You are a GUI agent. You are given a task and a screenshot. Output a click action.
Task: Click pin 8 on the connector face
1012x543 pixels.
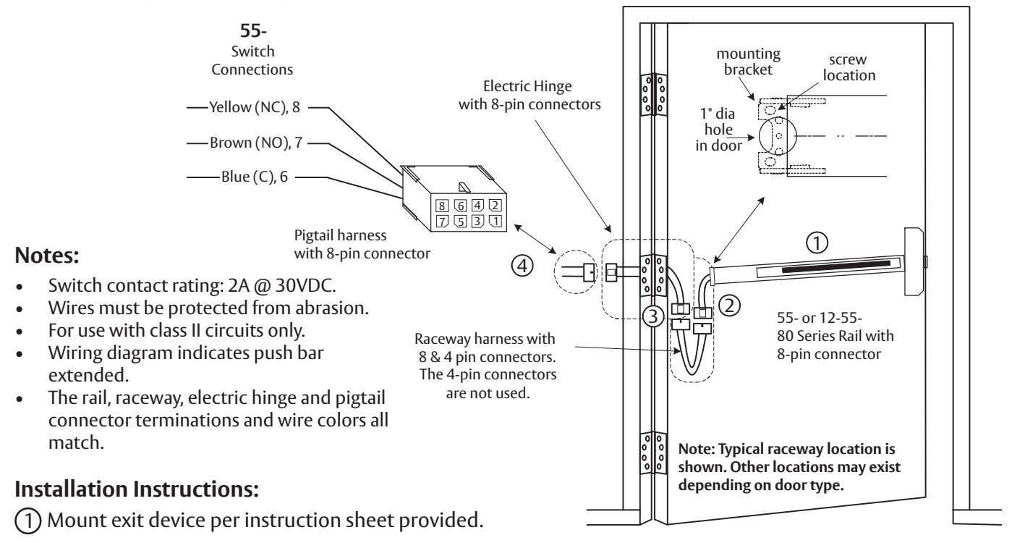pyautogui.click(x=441, y=206)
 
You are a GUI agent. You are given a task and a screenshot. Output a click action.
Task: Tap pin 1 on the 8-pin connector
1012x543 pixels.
pyautogui.click(x=496, y=221)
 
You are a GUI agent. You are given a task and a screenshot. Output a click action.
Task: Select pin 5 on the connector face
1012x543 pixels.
pyautogui.click(x=460, y=222)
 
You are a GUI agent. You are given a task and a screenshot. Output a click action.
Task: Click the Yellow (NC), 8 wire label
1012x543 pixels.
pyautogui.click(x=255, y=107)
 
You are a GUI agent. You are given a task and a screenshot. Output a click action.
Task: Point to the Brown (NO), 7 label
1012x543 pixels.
pyautogui.click(x=255, y=143)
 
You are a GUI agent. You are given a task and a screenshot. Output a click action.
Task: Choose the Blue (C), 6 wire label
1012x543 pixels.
pyautogui.click(x=255, y=177)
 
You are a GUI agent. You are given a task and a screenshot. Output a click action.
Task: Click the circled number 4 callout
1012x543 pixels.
pyautogui.click(x=522, y=266)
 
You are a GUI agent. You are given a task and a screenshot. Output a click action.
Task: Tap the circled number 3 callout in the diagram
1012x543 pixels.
pyautogui.click(x=652, y=316)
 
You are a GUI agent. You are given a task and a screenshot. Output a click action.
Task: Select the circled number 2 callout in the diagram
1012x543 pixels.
pyautogui.click(x=729, y=306)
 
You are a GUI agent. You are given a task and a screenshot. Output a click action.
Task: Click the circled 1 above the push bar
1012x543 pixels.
pyautogui.click(x=817, y=243)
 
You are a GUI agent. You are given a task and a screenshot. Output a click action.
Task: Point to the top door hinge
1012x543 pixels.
pyautogui.click(x=653, y=95)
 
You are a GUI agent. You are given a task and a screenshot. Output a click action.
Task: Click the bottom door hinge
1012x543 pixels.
pyautogui.click(x=653, y=453)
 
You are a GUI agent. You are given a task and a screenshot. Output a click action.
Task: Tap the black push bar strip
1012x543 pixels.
pyautogui.click(x=835, y=266)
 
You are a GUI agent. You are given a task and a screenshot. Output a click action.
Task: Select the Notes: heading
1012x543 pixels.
pyautogui.click(x=47, y=256)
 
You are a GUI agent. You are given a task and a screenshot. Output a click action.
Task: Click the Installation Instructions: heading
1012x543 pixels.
pyautogui.click(x=137, y=489)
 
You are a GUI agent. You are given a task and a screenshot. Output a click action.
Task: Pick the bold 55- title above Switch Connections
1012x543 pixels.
pyautogui.click(x=253, y=30)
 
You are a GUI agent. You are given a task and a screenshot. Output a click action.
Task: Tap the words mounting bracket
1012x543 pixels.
pyautogui.click(x=749, y=62)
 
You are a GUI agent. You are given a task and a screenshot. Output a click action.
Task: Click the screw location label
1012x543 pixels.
pyautogui.click(x=849, y=67)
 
